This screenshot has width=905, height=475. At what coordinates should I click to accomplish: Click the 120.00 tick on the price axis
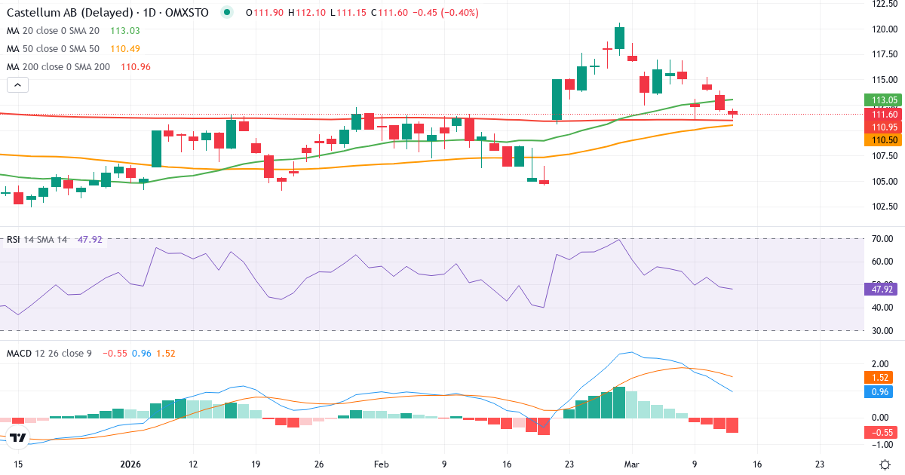[884, 29]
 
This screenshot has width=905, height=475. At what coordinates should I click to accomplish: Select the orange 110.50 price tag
[883, 140]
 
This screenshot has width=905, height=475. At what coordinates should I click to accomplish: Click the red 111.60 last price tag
[883, 114]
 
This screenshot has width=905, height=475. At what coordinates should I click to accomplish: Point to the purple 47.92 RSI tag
[883, 289]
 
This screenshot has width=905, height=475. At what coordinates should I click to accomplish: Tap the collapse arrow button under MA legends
[17, 85]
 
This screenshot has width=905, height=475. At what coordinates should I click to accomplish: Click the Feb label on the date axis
[382, 464]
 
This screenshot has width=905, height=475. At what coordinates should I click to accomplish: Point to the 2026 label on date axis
[130, 464]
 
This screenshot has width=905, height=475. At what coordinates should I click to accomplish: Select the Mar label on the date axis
[632, 464]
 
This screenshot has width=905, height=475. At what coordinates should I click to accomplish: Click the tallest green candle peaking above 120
[619, 38]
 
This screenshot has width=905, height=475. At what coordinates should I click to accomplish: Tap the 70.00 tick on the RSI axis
[882, 239]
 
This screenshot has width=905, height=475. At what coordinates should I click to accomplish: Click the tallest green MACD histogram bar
[619, 402]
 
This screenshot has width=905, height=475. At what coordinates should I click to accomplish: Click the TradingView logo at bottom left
[18, 438]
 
